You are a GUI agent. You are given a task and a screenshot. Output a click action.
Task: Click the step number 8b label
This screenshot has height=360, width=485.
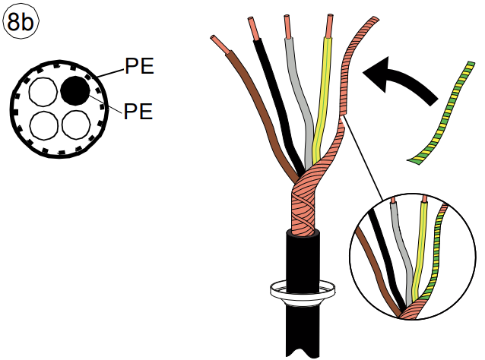pyautogui.click(x=21, y=22)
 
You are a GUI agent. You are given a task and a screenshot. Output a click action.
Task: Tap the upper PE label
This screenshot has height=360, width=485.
pyautogui.click(x=139, y=66)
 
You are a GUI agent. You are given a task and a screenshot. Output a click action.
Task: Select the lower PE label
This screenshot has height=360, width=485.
pyautogui.click(x=138, y=111)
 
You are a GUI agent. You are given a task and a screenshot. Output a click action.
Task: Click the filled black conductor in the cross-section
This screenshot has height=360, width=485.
pyautogui.click(x=75, y=90)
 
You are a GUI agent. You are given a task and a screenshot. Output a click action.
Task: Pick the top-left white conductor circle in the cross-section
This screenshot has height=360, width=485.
pyautogui.click(x=43, y=92)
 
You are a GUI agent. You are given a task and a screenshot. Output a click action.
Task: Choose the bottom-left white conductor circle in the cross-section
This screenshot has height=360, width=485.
pyautogui.click(x=44, y=125)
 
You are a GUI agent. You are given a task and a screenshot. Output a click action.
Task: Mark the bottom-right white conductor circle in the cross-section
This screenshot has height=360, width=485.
pyautogui.click(x=76, y=125)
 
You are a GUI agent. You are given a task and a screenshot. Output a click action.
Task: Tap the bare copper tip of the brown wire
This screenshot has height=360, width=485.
pyautogui.click(x=220, y=44)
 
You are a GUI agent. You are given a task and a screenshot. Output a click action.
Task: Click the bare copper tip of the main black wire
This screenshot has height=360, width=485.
pyautogui.click(x=255, y=29)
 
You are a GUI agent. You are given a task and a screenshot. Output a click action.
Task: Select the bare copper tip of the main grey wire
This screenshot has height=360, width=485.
pyautogui.click(x=288, y=27)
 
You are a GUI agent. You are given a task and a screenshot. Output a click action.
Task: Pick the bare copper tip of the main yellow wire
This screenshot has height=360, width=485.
pyautogui.click(x=329, y=26)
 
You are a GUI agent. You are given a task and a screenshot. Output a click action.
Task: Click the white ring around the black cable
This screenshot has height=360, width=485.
pyautogui.click(x=303, y=292)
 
